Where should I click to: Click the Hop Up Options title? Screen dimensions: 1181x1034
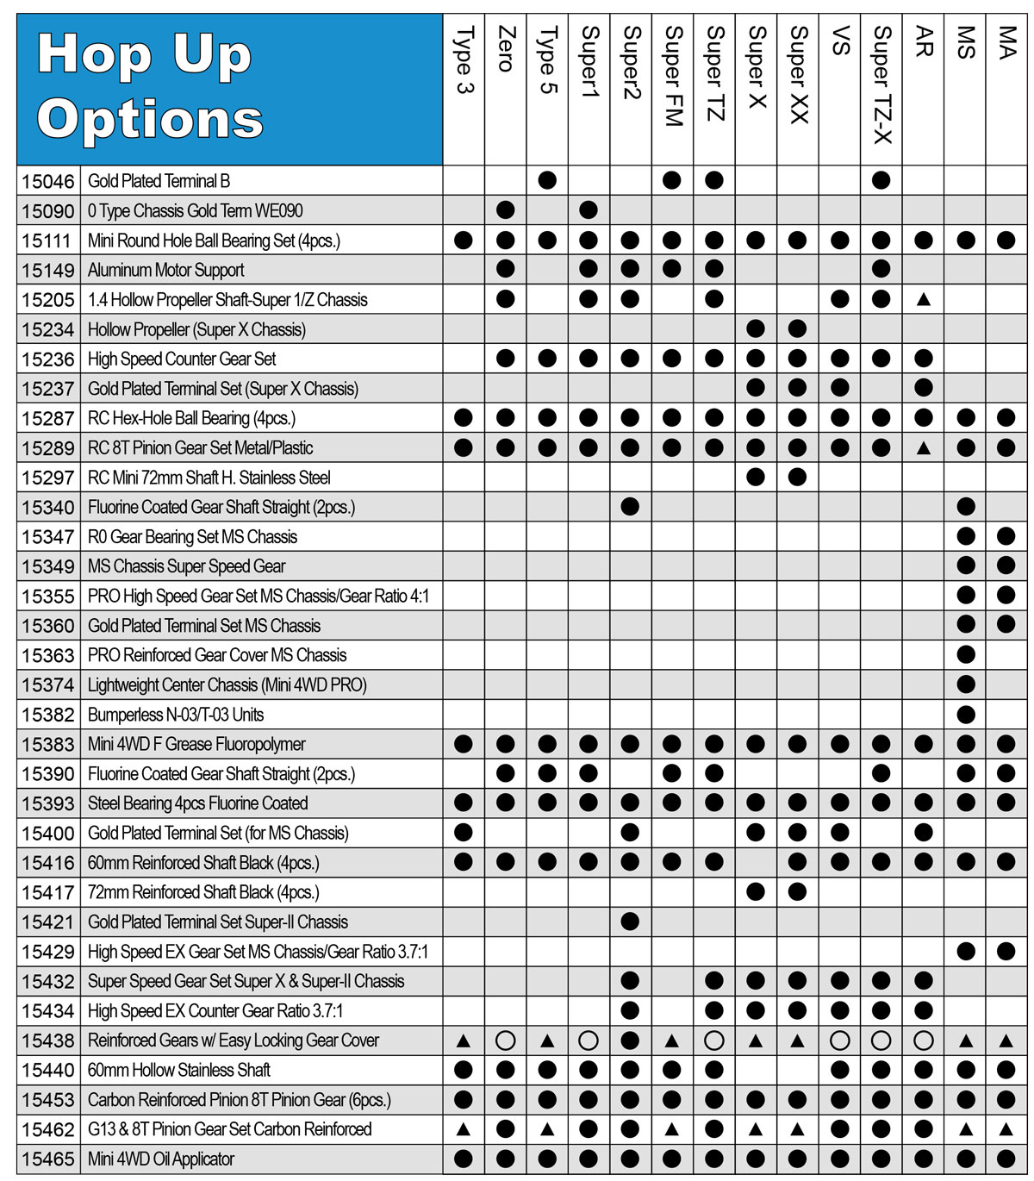[151, 86]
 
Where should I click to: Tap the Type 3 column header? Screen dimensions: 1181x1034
[464, 60]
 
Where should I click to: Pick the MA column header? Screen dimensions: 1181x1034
[1006, 43]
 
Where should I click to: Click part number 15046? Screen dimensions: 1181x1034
[48, 181]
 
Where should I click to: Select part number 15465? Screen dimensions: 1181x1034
[48, 1159]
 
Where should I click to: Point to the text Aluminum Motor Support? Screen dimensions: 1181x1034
[165, 270]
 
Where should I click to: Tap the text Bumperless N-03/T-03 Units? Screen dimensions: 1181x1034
[176, 715]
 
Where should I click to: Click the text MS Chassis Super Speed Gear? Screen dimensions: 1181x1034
[186, 566]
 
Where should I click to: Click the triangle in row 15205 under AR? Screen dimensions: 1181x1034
[923, 300]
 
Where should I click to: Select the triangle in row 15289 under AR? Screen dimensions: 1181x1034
[923, 448]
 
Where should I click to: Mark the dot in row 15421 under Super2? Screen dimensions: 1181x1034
[630, 922]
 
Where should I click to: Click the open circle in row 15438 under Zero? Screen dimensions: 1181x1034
[506, 1040]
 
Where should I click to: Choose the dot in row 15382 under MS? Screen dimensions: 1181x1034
[965, 715]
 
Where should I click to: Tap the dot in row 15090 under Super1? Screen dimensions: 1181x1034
[589, 210]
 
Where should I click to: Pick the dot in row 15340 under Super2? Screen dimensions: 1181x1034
[630, 507]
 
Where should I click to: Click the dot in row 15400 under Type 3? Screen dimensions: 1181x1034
[464, 833]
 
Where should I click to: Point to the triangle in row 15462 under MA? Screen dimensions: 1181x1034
[1006, 1129]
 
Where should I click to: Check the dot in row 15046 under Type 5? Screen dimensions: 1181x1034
[547, 181]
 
